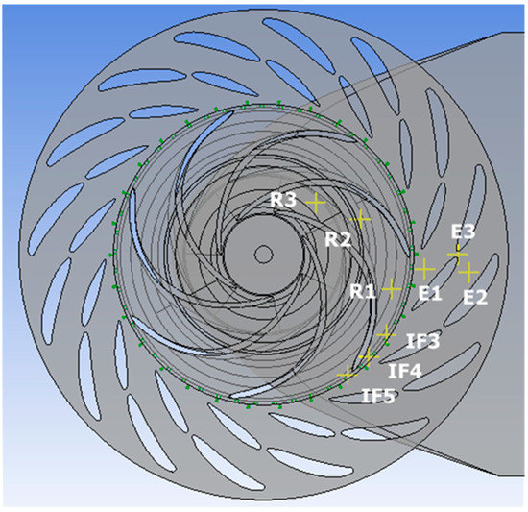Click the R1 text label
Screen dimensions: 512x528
click(362, 289)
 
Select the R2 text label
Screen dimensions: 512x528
click(336, 239)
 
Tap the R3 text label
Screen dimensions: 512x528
click(282, 200)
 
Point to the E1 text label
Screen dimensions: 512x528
click(429, 293)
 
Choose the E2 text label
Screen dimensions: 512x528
click(474, 298)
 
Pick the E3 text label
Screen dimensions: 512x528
click(463, 232)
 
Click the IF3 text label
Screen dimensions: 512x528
click(422, 341)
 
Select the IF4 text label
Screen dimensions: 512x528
click(403, 369)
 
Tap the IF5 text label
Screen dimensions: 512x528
click(377, 394)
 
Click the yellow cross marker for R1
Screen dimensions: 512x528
click(391, 288)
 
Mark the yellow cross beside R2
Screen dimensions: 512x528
click(360, 220)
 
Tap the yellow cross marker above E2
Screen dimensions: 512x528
click(468, 274)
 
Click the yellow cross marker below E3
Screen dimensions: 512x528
click(458, 253)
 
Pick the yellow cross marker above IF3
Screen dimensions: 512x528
click(386, 332)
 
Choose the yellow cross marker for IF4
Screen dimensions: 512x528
click(366, 356)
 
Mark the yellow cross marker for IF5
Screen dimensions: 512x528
click(347, 373)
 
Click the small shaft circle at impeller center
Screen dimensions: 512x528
click(262, 254)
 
